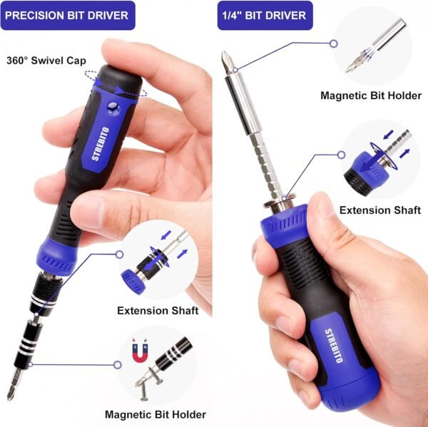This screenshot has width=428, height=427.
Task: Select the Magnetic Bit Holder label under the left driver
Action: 155,414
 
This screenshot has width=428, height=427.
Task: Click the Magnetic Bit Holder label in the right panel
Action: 370,95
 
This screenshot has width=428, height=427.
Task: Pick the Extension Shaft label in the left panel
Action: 158,311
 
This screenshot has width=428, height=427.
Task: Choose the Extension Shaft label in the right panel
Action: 375,210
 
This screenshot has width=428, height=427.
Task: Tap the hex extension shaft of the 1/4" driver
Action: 263,163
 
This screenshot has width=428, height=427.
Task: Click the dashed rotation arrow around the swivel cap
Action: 115,83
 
